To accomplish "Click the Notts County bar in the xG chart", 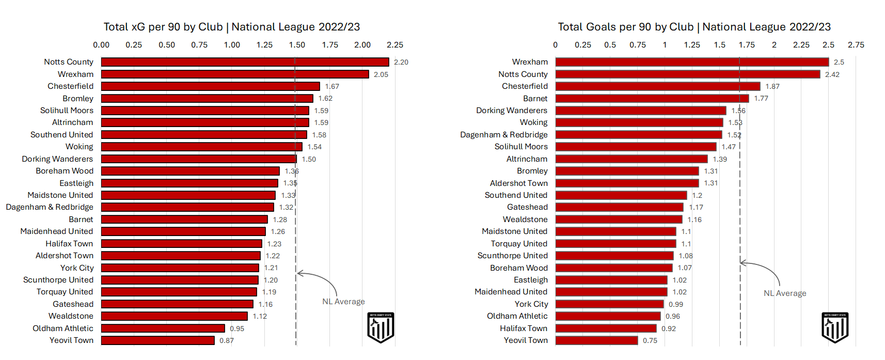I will tap(245, 62).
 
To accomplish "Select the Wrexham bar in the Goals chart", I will tap(692, 62).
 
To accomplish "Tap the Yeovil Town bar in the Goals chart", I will tap(596, 340).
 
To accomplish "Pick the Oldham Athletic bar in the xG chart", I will tap(163, 328).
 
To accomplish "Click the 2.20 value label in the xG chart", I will tap(401, 62).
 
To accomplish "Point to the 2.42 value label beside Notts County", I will tap(832, 74).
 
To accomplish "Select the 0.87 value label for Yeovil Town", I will tap(227, 340).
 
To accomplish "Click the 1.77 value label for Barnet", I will tap(761, 98).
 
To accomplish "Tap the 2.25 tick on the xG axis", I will tap(395, 45).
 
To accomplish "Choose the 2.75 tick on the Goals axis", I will tap(856, 45).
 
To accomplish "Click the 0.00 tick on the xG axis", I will tap(101, 45).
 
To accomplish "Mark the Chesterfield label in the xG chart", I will tap(71, 86).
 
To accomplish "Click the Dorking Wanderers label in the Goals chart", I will tap(512, 111).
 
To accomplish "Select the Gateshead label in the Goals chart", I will tap(527, 207).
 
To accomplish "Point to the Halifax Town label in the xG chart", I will tap(69, 244).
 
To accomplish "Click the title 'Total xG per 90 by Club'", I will tap(232, 27).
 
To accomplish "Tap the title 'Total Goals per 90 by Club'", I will tap(694, 27).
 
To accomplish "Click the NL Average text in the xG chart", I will tap(343, 302).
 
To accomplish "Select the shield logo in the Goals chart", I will tap(835, 327).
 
